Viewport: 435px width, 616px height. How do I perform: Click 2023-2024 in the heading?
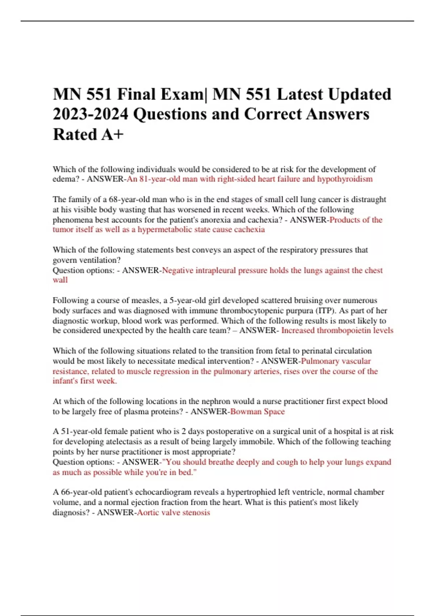tap(90, 115)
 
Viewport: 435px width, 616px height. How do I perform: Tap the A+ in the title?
tap(113, 134)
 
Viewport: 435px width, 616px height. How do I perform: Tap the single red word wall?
tap(60, 280)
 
